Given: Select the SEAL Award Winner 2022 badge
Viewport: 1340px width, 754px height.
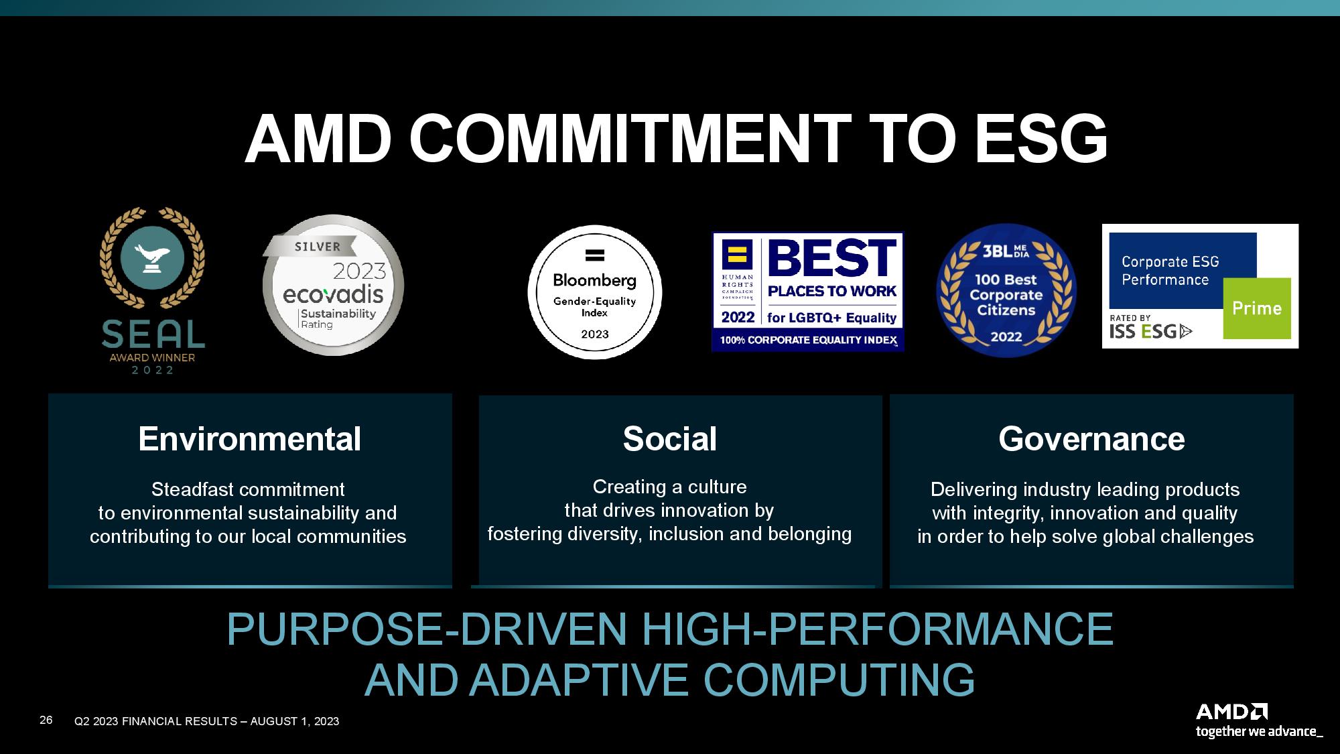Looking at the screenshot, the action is point(153,291).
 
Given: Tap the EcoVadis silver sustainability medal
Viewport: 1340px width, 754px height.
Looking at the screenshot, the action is point(333,286).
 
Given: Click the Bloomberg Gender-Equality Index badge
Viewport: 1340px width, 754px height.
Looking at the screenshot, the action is point(595,292).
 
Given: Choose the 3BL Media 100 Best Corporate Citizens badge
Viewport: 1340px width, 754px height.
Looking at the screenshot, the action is point(1006,290).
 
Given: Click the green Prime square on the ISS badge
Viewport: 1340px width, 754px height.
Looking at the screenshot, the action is point(1257,308).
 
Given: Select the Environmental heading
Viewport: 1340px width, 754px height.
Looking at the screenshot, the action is point(249,439).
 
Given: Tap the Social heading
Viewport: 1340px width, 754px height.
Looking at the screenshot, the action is point(670,439).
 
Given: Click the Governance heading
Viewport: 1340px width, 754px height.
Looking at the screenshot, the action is point(1091,439).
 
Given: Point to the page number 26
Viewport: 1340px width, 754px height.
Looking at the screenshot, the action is point(46,720).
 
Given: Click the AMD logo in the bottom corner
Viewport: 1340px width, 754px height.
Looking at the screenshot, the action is point(1231,712).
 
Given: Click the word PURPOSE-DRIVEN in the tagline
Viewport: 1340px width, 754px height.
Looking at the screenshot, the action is point(427,629).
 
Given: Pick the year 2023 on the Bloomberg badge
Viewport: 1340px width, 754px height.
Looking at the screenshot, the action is point(595,334).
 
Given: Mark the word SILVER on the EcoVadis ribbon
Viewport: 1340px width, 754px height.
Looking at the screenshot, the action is point(318,247).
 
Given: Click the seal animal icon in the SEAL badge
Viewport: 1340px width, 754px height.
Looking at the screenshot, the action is point(152,258).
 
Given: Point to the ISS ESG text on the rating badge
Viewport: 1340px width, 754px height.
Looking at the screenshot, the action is point(1151,330).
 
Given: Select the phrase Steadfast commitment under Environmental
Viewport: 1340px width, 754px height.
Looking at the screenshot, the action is point(248,489).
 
